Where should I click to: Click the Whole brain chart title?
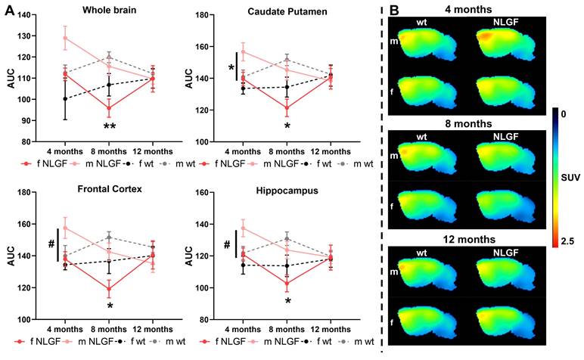click(x=109, y=10)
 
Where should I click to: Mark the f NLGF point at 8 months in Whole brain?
click(x=110, y=107)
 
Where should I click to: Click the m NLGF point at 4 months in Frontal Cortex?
click(x=65, y=228)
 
